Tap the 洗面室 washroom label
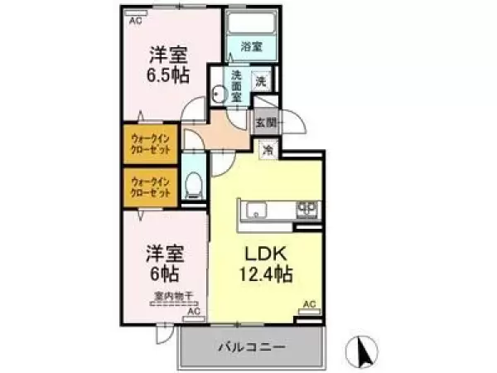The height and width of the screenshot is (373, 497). (x=235, y=85)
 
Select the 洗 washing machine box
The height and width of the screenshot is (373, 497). (x=260, y=81)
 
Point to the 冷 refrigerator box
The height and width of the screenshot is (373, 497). (x=268, y=150)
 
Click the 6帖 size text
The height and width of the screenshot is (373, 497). (x=165, y=271)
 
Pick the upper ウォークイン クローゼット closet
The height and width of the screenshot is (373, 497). (x=151, y=147)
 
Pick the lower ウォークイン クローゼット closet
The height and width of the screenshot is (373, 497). (x=151, y=188)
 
